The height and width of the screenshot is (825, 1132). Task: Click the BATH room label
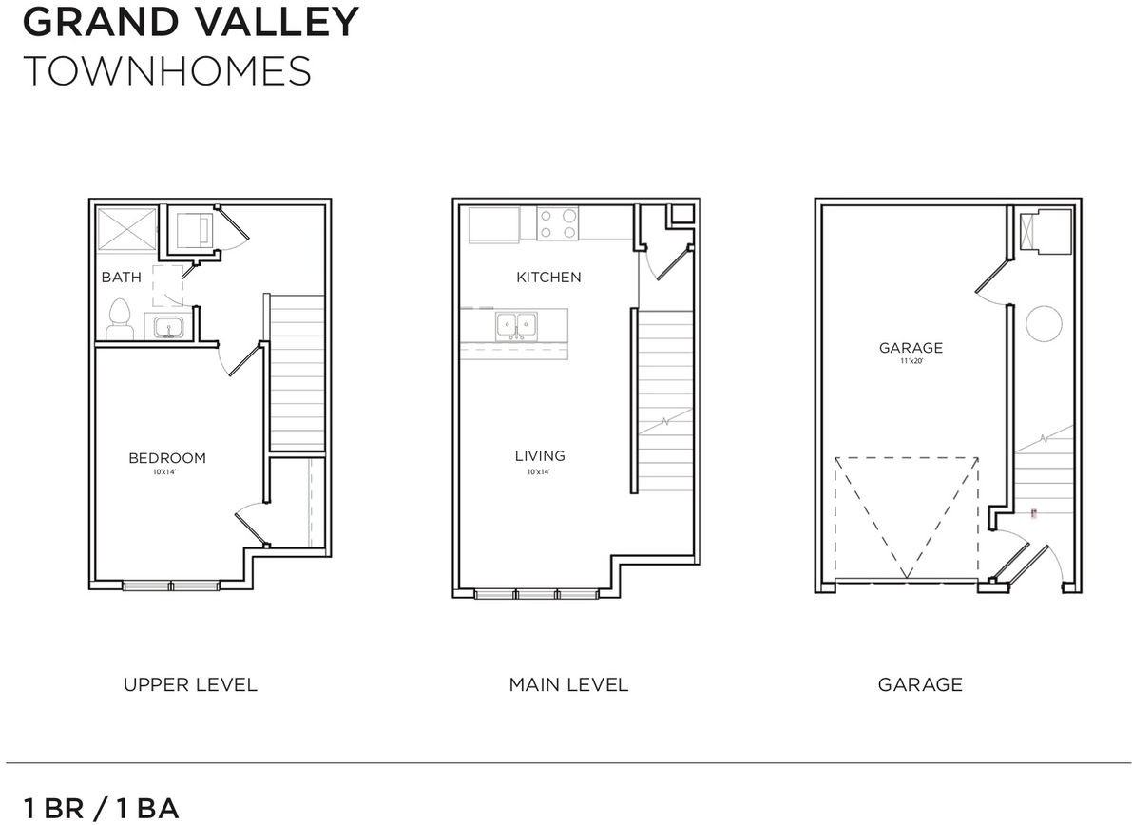coord(122,278)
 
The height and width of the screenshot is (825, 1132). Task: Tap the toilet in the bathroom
coord(120,319)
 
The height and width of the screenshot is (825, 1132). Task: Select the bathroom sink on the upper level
coord(170,327)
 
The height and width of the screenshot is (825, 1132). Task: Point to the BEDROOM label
coord(167,458)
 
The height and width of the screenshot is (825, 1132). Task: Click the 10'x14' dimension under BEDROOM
coord(166,472)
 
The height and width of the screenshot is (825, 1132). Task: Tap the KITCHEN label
coord(548,278)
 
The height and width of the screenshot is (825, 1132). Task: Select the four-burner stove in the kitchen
coord(559,224)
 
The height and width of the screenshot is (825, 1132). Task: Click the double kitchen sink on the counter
coord(517,326)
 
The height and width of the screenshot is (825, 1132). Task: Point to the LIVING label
coord(540,456)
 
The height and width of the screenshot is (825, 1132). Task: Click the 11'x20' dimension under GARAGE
coord(911,361)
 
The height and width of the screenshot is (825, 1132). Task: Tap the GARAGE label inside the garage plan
coord(911,348)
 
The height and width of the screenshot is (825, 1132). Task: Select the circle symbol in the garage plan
coord(1043,323)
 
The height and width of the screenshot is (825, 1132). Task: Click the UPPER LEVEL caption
coord(190,684)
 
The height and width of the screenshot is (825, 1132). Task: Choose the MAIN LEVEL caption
coord(568,684)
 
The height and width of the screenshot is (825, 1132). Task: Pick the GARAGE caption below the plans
coord(920,684)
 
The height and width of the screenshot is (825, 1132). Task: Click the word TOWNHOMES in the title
coord(166,71)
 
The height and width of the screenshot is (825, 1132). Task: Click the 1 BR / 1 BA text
coord(101,809)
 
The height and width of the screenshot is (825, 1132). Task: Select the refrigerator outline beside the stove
coord(494,224)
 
